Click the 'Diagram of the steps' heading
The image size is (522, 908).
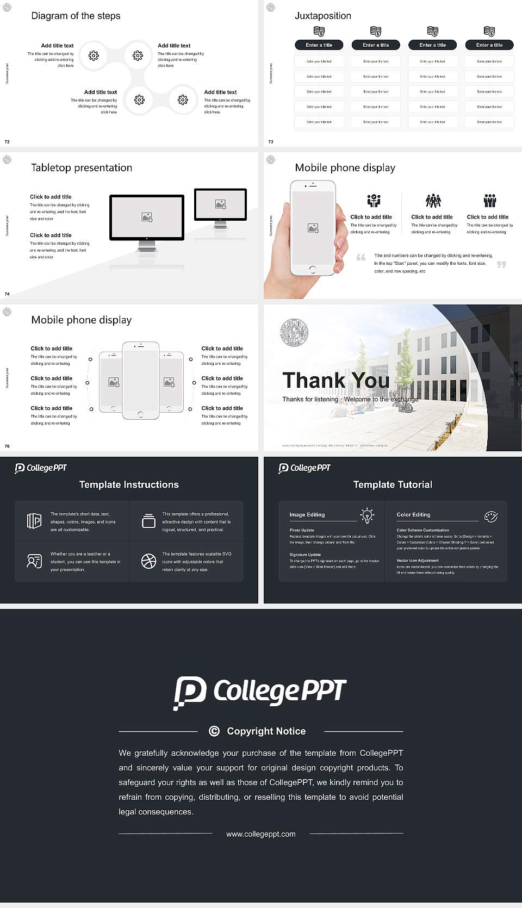(x=76, y=16)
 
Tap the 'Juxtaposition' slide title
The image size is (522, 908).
(x=322, y=16)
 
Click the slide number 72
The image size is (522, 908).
(x=7, y=142)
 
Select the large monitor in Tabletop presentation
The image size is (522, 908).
(x=147, y=217)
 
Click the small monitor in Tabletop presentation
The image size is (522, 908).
(x=220, y=204)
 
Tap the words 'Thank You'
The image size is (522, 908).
(x=335, y=381)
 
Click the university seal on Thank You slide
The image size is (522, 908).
(x=294, y=333)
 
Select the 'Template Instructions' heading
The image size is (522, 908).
(x=129, y=484)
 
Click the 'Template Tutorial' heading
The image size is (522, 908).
(x=392, y=484)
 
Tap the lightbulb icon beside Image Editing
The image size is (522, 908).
(x=367, y=515)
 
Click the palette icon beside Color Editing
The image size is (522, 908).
(x=490, y=516)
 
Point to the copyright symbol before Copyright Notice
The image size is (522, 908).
(x=214, y=731)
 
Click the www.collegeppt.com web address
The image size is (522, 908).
(x=261, y=834)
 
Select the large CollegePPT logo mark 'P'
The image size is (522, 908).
(x=190, y=692)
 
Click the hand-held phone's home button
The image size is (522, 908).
(x=312, y=269)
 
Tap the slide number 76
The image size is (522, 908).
(x=7, y=446)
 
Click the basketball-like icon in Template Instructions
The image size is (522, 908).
(x=148, y=561)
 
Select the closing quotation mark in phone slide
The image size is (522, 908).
(x=501, y=264)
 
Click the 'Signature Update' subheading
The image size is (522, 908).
(x=305, y=555)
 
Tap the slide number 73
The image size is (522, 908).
(x=271, y=142)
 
